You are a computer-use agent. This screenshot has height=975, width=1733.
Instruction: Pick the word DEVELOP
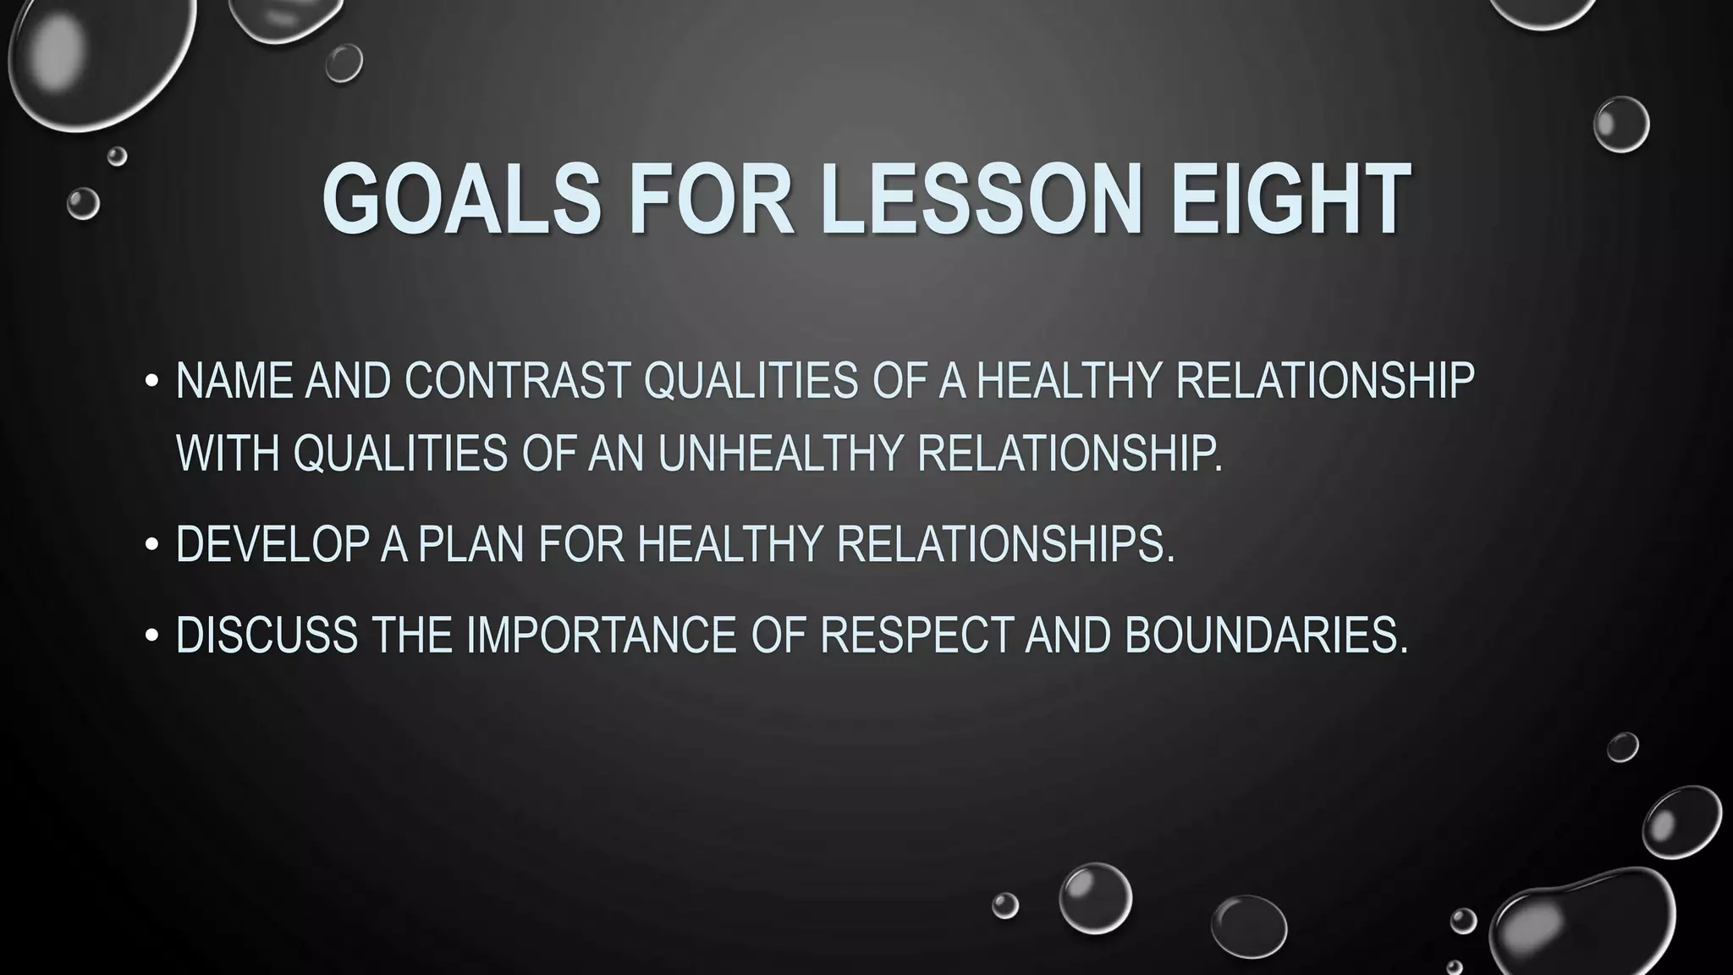point(272,544)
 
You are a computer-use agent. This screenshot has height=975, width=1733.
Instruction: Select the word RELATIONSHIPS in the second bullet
point(1005,544)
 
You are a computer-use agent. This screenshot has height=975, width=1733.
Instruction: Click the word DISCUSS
point(267,636)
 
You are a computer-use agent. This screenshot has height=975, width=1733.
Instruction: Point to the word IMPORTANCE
point(601,636)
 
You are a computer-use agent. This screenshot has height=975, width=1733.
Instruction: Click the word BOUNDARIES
point(1266,636)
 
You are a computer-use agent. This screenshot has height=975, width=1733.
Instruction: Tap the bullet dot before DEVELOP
point(151,546)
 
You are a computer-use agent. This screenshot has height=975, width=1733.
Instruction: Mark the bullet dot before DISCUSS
point(151,636)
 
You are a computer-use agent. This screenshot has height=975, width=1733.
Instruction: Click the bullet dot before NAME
point(151,382)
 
